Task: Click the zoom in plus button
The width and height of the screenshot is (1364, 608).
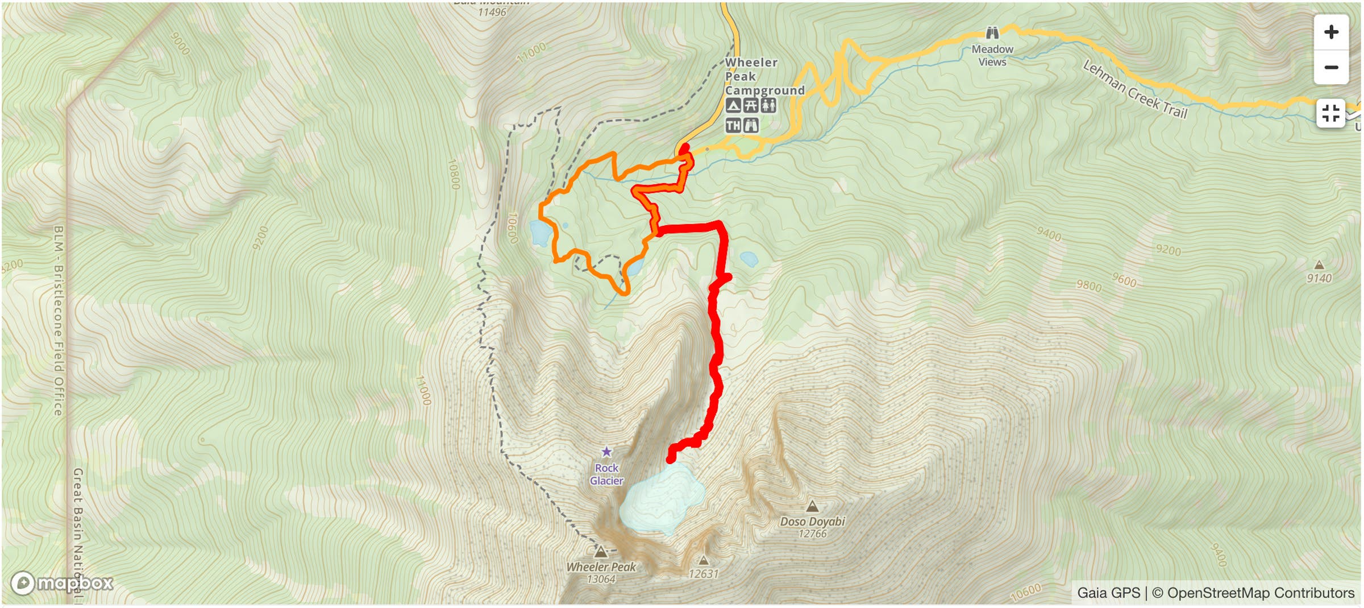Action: click(1330, 32)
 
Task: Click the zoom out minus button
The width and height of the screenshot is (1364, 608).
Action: click(1330, 67)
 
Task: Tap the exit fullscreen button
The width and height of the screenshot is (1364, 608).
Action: click(1330, 113)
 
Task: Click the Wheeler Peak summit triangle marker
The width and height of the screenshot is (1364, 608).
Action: click(600, 552)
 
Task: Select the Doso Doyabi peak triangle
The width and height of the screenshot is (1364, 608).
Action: click(812, 506)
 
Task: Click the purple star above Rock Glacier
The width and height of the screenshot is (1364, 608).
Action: click(606, 452)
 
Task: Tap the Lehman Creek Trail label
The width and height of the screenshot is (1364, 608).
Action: click(1135, 90)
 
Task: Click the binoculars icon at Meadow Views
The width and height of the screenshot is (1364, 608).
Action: click(992, 32)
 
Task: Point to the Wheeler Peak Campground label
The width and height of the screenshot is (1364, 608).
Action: click(764, 76)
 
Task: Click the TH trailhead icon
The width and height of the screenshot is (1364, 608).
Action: click(733, 125)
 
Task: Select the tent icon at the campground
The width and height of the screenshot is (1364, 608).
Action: click(733, 105)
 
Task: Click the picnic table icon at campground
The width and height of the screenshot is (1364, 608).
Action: click(751, 105)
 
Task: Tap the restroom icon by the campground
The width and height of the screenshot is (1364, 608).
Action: click(768, 105)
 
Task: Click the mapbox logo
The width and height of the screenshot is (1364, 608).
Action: click(63, 583)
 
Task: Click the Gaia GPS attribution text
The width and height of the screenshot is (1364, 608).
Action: click(1108, 593)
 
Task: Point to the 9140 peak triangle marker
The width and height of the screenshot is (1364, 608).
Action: click(1319, 265)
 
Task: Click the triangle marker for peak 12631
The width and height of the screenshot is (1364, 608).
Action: click(703, 561)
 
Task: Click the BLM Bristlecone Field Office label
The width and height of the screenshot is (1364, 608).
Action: click(59, 320)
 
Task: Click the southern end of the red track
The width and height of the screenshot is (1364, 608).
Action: click(671, 458)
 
